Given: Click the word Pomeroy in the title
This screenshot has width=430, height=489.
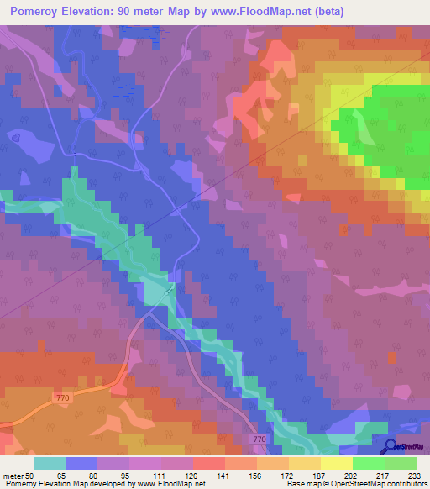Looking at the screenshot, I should pyautogui.click(x=36, y=11).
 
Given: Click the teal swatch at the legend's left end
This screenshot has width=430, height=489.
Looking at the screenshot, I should pyautogui.click(x=50, y=463).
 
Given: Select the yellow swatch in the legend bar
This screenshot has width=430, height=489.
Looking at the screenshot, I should pyautogui.click(x=337, y=463).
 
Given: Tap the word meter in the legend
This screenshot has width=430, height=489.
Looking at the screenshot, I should pyautogui.click(x=13, y=476).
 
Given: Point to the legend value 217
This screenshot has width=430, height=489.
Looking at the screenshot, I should pyautogui.click(x=384, y=476).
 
